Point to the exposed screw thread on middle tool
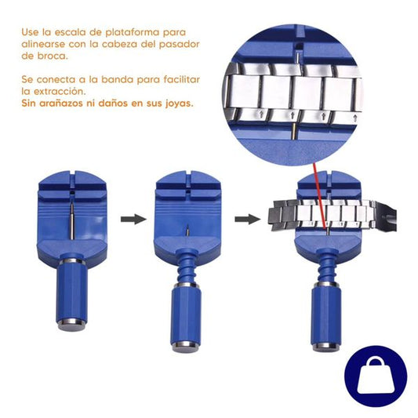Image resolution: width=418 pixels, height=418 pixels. pyautogui.click(x=186, y=262)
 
